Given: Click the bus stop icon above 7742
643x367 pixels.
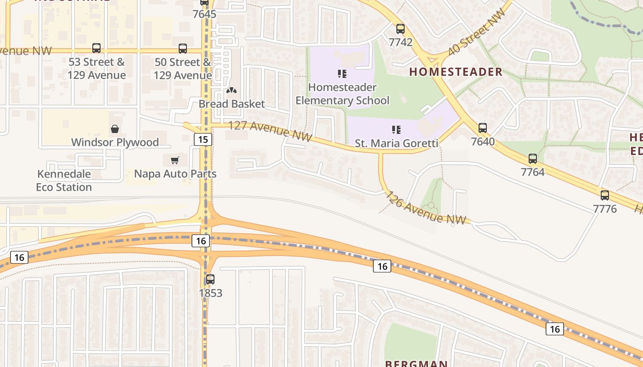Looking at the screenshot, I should (400, 29).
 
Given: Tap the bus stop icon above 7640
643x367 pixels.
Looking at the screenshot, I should (483, 128).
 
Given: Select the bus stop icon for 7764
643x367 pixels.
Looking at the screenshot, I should (533, 159).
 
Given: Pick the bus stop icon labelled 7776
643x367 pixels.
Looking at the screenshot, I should (605, 195).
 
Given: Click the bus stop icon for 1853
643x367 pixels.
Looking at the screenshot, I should (210, 279).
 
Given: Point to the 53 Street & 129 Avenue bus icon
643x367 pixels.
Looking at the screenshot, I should (96, 48).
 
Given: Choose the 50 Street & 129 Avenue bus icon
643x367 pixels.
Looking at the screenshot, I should (183, 48).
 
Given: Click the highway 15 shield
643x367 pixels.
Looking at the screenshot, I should (203, 139).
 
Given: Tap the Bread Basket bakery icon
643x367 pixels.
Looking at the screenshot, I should (232, 91).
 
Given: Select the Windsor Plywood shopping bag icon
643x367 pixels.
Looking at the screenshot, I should (115, 129).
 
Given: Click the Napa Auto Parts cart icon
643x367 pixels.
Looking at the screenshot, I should (175, 160).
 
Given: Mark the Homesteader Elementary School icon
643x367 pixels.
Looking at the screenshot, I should (342, 73).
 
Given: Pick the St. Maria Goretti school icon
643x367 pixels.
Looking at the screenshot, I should (396, 130).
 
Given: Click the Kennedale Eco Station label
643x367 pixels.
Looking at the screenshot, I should (64, 181).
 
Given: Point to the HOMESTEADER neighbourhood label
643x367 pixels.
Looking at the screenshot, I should (456, 72).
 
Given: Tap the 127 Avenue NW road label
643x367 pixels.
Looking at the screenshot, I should (270, 131).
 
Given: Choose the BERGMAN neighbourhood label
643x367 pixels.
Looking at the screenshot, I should (416, 363).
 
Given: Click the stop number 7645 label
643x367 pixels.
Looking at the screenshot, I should (204, 14).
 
